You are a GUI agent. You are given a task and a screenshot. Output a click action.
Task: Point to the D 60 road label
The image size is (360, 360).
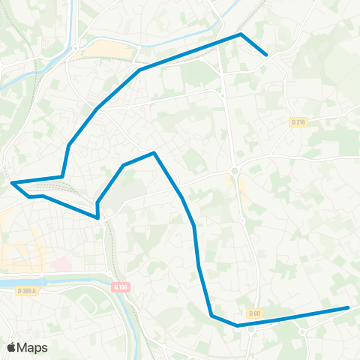coord(254,312)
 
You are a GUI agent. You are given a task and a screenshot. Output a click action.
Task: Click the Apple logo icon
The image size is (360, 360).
coord(12,347)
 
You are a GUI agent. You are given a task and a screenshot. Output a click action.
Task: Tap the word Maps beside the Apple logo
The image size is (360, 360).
coord(33,347)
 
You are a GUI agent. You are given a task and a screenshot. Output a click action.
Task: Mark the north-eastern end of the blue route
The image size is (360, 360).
coord(267,54)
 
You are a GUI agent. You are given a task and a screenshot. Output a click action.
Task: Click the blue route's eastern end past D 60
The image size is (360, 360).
coord(348,307)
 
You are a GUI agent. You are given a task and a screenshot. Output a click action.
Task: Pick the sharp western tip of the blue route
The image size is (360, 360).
coord(13,182)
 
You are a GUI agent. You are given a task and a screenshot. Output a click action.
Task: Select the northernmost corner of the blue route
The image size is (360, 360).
coord(241,34)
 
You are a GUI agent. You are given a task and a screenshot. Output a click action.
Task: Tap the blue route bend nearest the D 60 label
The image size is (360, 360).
coord(237,325)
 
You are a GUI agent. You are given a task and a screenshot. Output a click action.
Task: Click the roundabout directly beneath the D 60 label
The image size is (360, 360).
coord(252,328)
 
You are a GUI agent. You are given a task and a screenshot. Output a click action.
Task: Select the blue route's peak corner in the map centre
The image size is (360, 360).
coord(154,153)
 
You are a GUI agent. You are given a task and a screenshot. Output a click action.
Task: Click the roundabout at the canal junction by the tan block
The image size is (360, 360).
coord(76,53)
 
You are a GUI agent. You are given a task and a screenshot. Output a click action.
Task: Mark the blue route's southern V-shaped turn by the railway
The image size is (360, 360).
coord(98,217)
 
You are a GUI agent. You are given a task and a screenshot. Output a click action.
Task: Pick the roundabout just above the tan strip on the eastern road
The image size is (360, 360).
coord(235,171)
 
